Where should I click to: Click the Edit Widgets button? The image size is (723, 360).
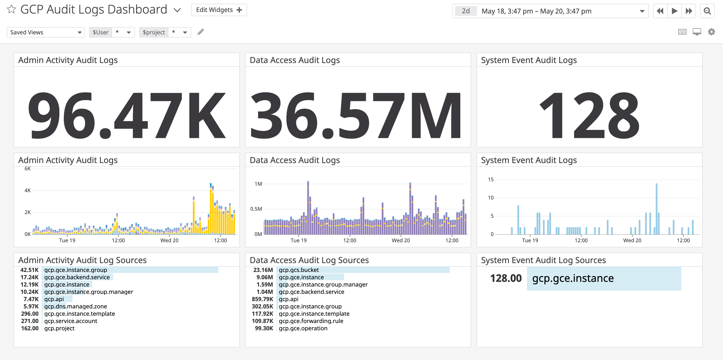click(x=219, y=10)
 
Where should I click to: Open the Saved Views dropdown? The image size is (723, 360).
click(x=45, y=32)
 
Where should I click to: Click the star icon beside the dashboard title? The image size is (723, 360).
click(x=11, y=10)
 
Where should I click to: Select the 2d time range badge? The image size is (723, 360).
click(x=466, y=11)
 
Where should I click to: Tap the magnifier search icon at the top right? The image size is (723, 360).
click(x=707, y=11)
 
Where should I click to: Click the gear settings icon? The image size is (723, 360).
click(x=711, y=32)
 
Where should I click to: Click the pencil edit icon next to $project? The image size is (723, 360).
click(x=200, y=32)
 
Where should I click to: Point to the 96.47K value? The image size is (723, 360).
click(x=126, y=115)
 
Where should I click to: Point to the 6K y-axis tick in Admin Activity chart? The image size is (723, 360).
click(x=28, y=169)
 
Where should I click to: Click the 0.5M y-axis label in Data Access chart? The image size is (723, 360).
click(x=256, y=209)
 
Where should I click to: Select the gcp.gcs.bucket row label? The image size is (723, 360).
click(x=299, y=270)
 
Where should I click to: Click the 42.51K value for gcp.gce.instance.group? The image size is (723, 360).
click(x=29, y=270)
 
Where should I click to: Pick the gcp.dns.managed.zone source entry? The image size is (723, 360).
click(x=76, y=306)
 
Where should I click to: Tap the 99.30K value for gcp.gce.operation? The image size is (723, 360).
click(x=264, y=328)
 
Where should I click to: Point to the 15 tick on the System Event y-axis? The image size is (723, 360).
click(x=490, y=179)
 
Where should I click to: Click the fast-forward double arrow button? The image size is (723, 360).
click(x=689, y=11)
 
